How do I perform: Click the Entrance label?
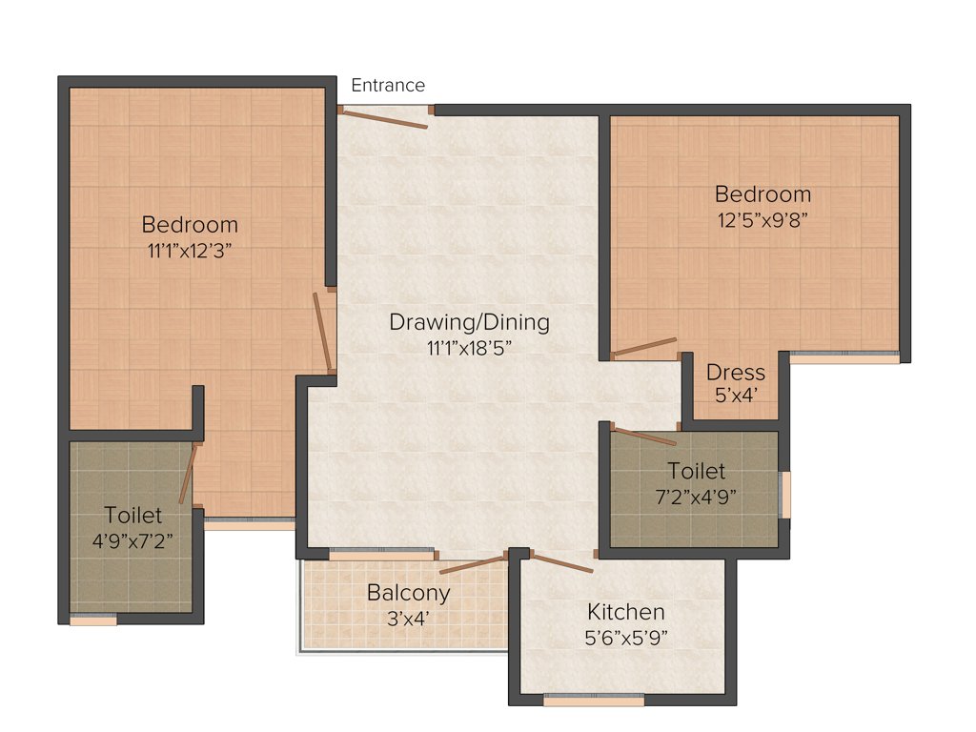(x=388, y=86)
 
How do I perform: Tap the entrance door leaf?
(x=385, y=118)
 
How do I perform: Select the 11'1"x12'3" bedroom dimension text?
(x=189, y=251)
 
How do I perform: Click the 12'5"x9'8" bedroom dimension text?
(x=762, y=219)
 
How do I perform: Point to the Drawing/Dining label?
(x=469, y=322)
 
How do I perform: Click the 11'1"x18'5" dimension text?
(x=470, y=348)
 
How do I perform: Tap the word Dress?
(x=736, y=372)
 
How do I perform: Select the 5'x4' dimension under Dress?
(x=736, y=395)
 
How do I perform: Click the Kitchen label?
(x=625, y=612)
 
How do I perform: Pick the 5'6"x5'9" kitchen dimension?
(x=625, y=637)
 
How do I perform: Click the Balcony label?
(x=408, y=593)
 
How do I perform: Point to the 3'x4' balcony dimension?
(x=408, y=618)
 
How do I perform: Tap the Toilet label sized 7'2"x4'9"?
(x=696, y=471)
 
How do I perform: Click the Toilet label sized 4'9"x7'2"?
(x=132, y=516)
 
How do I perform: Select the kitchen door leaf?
(x=561, y=563)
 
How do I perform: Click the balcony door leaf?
(x=473, y=565)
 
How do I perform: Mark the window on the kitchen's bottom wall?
(x=593, y=700)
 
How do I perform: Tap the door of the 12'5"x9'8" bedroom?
(x=644, y=347)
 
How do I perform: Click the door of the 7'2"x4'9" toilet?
(x=644, y=437)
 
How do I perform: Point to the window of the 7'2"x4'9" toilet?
(x=785, y=494)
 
